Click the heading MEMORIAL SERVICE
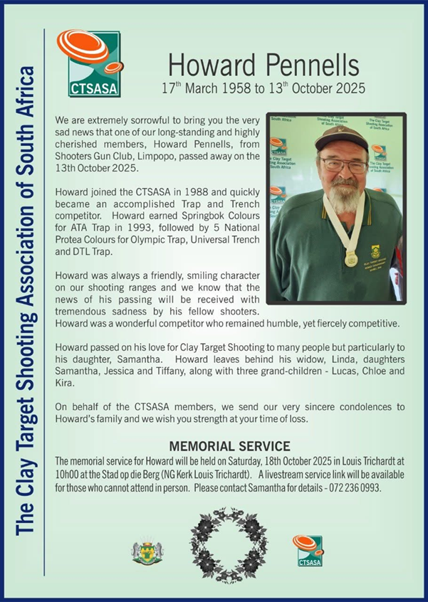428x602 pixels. coord(229,446)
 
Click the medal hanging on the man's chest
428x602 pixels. coord(351,258)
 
